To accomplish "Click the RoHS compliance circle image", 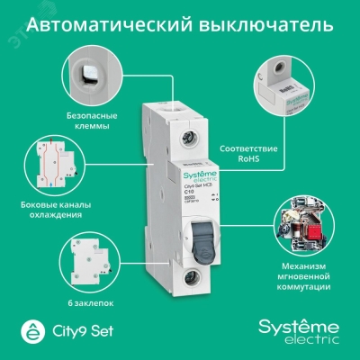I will (285, 87).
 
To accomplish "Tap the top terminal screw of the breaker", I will (186, 139).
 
